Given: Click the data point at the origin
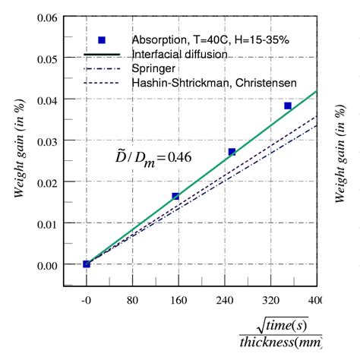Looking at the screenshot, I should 87,264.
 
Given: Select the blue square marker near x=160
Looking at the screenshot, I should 175,197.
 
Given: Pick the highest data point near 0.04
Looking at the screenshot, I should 288,106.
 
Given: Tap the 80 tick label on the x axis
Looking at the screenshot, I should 132,300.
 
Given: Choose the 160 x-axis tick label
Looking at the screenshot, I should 178,300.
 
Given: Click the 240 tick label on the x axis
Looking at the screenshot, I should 225,300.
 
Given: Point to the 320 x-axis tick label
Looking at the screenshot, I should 270,300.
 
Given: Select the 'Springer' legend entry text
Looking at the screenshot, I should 154,68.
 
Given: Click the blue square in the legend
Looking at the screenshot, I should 102,40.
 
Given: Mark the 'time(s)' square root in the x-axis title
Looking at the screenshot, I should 283,324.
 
